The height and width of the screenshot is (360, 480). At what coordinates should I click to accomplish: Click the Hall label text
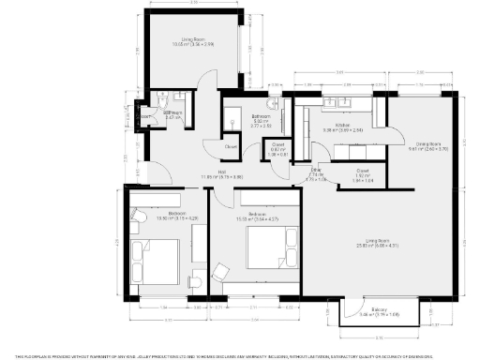pyautogui.click(x=223, y=172)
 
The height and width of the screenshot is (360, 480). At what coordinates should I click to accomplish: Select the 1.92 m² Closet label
pyautogui.click(x=363, y=172)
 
